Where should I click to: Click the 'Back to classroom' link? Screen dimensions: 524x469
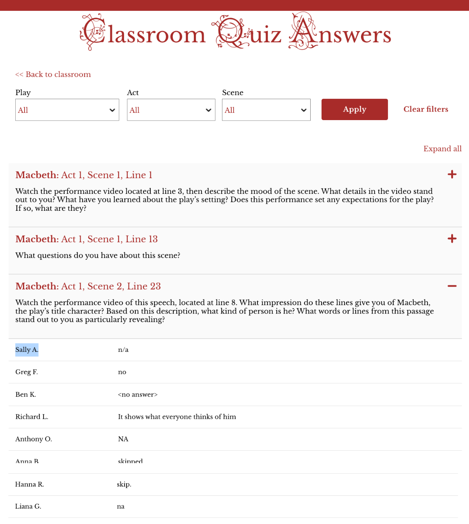(53, 75)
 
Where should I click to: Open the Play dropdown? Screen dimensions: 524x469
(67, 110)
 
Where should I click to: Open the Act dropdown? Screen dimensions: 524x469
(171, 110)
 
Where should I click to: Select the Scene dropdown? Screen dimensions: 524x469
(266, 110)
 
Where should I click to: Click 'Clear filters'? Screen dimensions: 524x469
(425, 109)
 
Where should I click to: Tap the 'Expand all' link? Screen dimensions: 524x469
(442, 149)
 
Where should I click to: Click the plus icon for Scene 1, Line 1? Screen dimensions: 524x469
(452, 175)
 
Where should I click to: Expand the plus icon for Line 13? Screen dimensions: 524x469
(452, 239)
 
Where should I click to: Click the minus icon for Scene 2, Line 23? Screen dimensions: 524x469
(452, 286)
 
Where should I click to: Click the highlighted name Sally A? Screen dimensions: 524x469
(27, 350)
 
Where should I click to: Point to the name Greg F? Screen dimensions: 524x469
(27, 372)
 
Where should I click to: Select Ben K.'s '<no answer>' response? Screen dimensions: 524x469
(138, 395)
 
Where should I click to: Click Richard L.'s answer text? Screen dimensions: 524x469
(177, 417)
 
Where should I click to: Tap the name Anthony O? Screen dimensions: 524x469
(33, 439)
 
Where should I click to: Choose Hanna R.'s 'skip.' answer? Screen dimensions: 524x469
(124, 484)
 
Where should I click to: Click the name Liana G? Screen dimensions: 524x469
(28, 506)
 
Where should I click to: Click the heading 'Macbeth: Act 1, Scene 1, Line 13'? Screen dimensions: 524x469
(87, 239)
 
